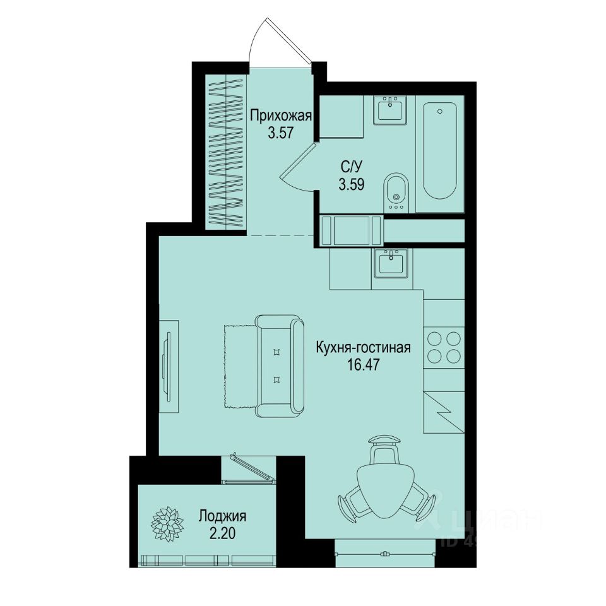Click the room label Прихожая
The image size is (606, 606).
tap(282, 116)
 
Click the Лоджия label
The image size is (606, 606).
tap(222, 516)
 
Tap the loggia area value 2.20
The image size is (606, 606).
tap(222, 533)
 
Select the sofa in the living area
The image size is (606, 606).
tap(279, 367)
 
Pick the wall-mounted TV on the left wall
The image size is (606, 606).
tap(167, 365)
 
